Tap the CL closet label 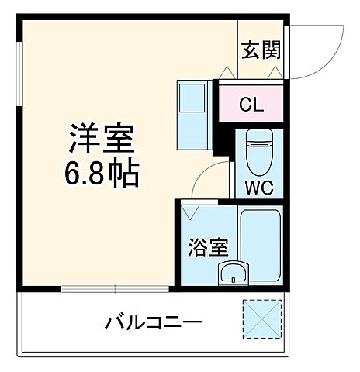(x=250, y=103)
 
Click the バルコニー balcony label (x=154, y=322)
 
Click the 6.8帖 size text (x=102, y=175)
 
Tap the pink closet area (x=250, y=103)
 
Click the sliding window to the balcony (x=116, y=289)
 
